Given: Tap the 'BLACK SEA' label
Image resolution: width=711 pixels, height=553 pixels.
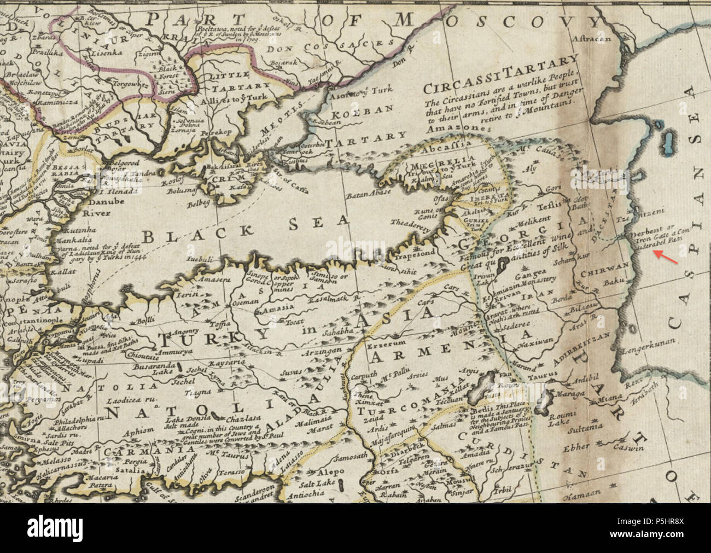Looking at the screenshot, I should (x=245, y=229).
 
